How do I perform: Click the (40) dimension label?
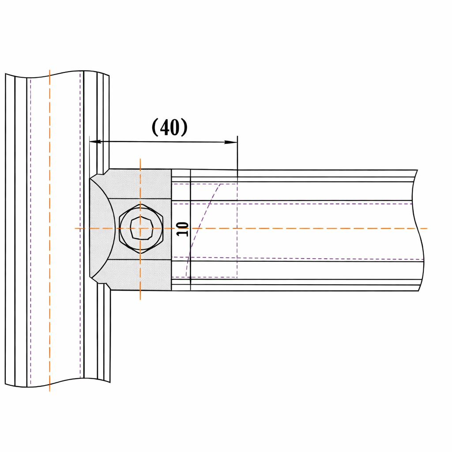click(x=169, y=128)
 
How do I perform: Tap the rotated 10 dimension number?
click(x=182, y=229)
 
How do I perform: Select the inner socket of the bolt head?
click(x=141, y=229)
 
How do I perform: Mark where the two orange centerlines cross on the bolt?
click(x=140, y=229)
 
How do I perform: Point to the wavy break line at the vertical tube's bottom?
click(x=57, y=383)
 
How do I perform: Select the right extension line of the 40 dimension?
click(x=237, y=154)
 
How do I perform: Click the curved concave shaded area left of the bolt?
click(x=101, y=229)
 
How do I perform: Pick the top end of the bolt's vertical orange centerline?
click(x=140, y=160)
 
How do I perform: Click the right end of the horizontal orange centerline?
click(x=426, y=229)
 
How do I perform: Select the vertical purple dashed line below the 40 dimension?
click(x=237, y=230)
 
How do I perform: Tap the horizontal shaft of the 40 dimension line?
click(x=163, y=142)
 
